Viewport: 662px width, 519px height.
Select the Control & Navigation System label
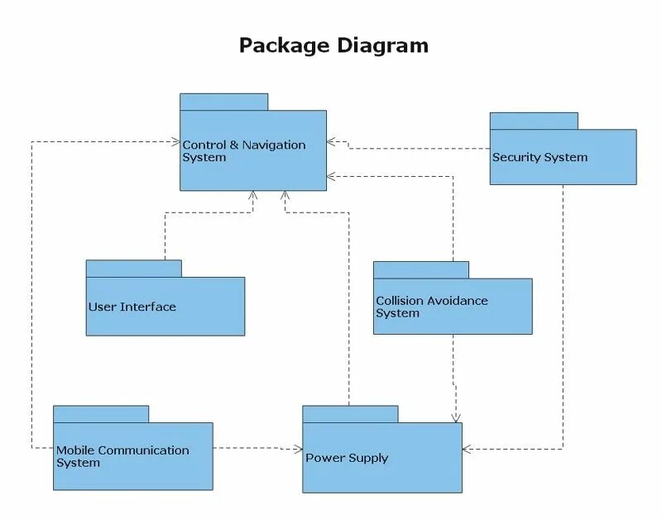pos(243,150)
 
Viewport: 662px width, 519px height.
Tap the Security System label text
pos(540,157)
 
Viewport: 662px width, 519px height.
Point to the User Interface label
pos(132,307)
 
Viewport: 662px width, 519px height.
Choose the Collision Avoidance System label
pos(431,307)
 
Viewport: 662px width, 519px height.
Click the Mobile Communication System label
pos(122,456)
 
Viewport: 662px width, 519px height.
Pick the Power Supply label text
pos(347,458)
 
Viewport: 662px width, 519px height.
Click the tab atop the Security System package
pos(533,121)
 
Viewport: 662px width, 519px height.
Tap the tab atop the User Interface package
pos(133,269)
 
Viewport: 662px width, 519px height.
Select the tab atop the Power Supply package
pos(350,413)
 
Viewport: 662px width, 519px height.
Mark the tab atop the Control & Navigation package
pos(224,102)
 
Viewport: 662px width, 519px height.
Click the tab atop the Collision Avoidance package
pos(420,269)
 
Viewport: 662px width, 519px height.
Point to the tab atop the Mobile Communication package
pos(101,413)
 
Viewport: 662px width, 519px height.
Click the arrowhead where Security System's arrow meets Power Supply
pos(467,449)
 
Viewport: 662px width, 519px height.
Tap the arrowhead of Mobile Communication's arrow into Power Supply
pos(299,449)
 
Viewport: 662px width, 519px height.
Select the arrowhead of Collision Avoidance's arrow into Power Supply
pos(455,418)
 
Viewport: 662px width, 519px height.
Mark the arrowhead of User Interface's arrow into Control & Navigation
pos(253,196)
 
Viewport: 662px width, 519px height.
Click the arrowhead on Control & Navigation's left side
pos(176,142)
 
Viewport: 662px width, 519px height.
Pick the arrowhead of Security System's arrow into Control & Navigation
pos(331,141)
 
